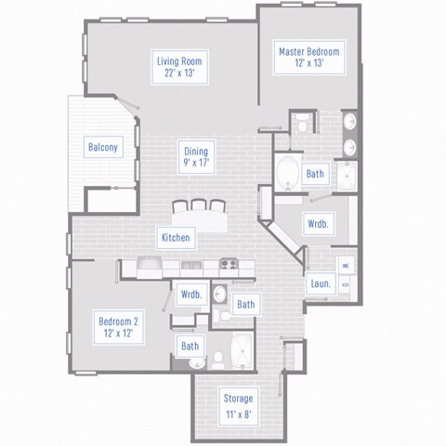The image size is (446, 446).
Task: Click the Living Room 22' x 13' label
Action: [178, 68]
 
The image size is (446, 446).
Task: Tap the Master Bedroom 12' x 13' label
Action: [308, 59]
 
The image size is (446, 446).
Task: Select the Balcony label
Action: [102, 147]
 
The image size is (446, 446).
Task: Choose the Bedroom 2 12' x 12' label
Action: [119, 326]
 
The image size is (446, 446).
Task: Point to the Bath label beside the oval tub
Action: [315, 173]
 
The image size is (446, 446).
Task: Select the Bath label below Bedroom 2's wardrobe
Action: [190, 347]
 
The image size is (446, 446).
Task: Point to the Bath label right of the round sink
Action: [245, 304]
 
